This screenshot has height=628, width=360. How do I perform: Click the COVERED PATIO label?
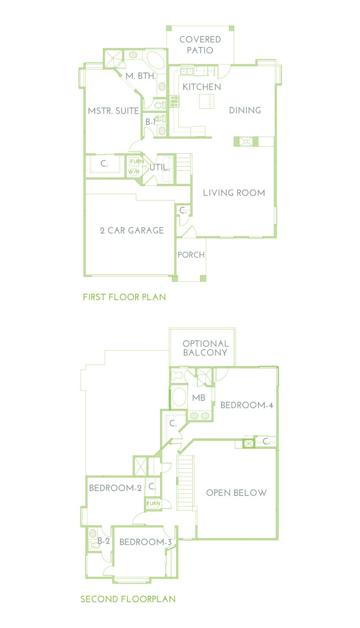coord(200,44)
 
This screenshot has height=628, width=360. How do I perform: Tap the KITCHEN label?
coord(202,87)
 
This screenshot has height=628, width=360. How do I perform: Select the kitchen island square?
coord(207,101)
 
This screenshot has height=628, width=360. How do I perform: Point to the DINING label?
coord(245,110)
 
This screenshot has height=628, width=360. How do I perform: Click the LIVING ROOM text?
coord(234,193)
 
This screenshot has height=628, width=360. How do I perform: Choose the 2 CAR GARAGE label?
coord(132,231)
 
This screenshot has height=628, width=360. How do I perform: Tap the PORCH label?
coord(191,255)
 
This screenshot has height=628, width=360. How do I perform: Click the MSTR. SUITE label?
coord(113,111)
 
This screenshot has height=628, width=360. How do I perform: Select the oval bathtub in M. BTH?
coord(155,61)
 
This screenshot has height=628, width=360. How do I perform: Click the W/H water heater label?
coord(134,172)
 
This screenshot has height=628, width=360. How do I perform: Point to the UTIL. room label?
coord(159,167)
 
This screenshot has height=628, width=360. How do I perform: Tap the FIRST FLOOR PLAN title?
coord(124,297)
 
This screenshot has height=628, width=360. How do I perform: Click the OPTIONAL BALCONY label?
coord(205,348)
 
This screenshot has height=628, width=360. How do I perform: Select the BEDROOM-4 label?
coord(246,405)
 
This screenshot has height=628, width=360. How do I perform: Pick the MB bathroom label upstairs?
coord(199,398)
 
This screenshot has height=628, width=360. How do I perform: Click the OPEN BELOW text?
coord(236,493)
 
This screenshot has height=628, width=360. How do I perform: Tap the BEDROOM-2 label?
coord(115,488)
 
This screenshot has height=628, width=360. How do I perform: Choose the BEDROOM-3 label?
coord(145,542)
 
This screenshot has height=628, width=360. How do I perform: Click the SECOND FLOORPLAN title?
coord(128,599)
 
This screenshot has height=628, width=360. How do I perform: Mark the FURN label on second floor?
coord(153,503)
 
